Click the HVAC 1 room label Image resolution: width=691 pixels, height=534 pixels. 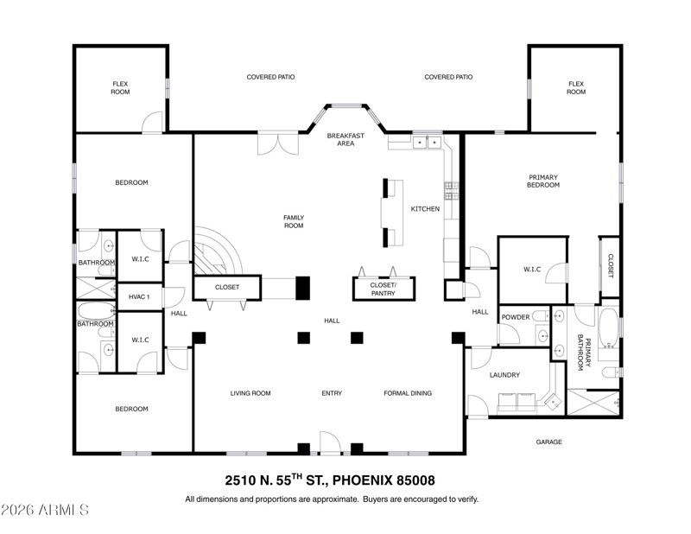coord(139,296)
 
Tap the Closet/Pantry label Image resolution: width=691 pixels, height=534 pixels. coord(383,289)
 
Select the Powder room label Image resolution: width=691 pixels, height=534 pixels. coord(516,317)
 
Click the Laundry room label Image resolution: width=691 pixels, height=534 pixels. coord(504,375)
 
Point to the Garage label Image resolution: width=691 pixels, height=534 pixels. coord(548,442)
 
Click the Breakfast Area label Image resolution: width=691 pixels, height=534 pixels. coord(345,139)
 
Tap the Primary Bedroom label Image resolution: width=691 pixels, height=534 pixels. coord(543,181)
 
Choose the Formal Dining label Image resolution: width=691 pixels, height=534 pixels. coord(408,393)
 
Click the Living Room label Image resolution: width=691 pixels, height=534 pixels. coord(250,393)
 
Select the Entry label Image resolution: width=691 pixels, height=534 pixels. coord(332,393)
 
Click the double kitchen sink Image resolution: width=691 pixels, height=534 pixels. coord(427,143)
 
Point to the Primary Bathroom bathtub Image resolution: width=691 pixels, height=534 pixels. coord(609,327)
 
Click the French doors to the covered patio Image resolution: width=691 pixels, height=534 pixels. coord(278,143)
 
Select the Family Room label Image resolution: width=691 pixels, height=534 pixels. coord(294,221)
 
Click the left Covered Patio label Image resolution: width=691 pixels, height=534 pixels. coord(270,77)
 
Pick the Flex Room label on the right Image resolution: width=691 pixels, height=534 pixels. coord(576,88)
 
